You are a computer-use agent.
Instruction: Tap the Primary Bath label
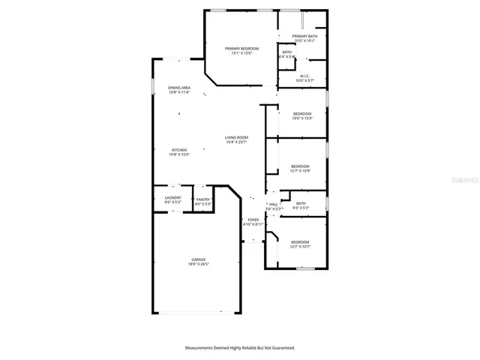304,36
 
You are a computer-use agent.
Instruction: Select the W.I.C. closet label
304,76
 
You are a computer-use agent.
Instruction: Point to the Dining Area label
178,88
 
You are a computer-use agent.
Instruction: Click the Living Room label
236,137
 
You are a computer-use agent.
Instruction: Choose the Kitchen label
179,150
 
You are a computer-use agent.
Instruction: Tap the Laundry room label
172,199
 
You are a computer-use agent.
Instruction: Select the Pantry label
202,199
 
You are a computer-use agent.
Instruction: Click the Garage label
197,259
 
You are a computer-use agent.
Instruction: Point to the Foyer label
253,220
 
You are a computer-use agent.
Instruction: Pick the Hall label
274,204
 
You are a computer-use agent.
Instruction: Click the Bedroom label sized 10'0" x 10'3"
301,113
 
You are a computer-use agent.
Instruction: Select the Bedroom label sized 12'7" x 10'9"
300,166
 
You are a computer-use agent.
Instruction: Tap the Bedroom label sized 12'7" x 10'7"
300,241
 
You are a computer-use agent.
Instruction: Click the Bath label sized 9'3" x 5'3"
301,203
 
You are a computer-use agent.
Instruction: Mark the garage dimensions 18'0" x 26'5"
197,265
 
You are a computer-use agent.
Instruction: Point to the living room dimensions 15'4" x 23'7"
236,142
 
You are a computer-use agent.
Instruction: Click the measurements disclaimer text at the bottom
240,348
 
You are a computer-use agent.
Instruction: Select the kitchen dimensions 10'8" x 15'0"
179,155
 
